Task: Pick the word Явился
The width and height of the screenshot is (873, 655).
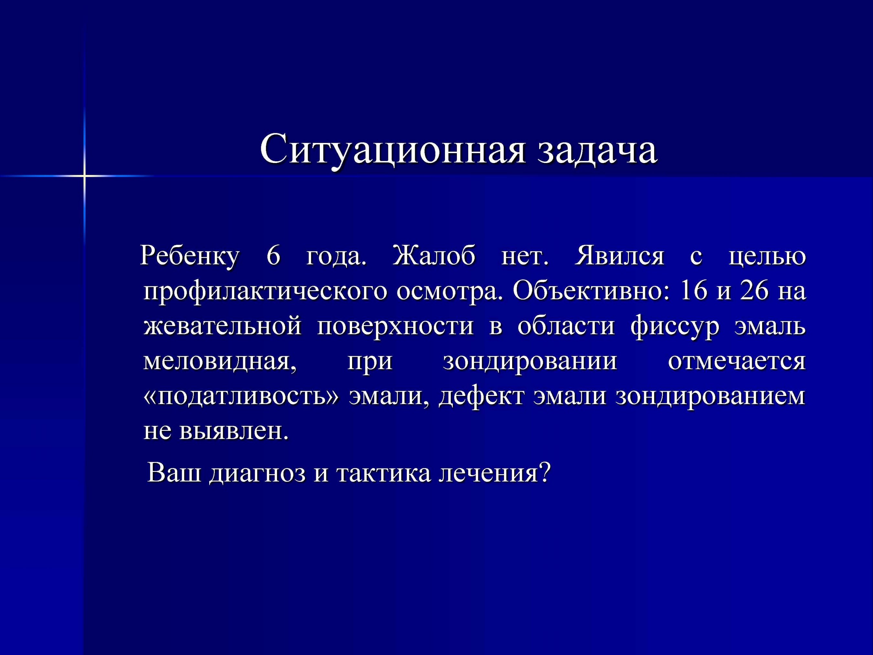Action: (620, 256)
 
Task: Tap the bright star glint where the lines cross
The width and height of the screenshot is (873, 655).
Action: (84, 175)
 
